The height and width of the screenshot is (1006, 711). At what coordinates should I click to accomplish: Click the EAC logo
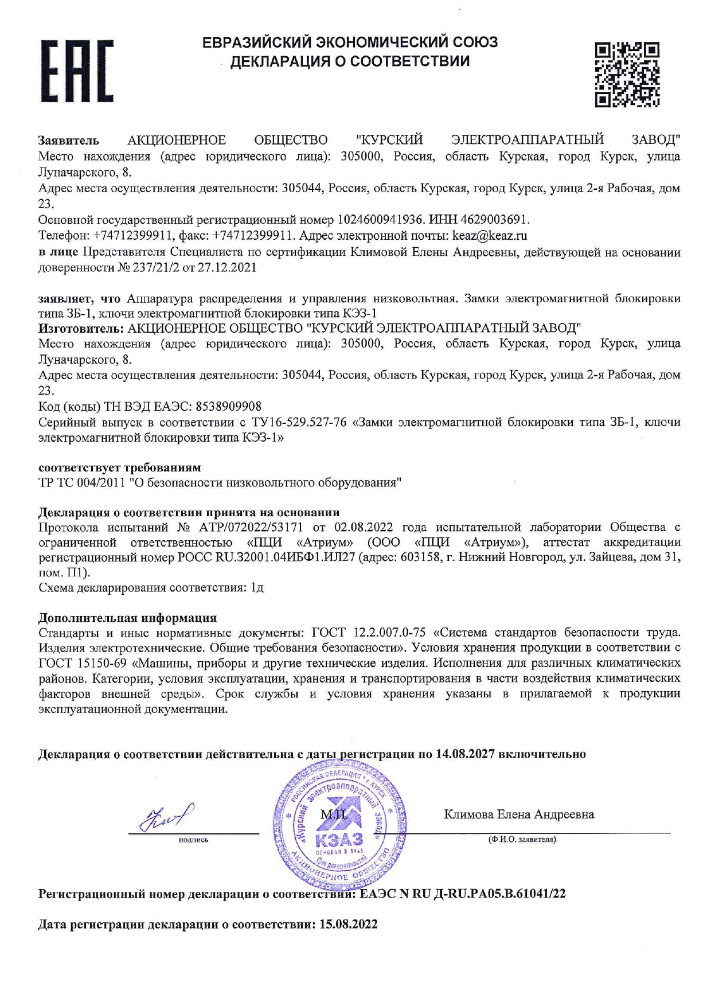[77, 71]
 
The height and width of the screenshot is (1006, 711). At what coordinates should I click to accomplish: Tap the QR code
[627, 75]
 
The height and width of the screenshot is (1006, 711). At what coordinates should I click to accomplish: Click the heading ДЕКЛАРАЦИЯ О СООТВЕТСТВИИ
[350, 61]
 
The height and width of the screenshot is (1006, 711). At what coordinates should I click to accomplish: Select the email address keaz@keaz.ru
[490, 236]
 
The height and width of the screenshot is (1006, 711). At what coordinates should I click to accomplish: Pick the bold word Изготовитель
[81, 329]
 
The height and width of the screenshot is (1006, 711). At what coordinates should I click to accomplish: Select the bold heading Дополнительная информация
[127, 618]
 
